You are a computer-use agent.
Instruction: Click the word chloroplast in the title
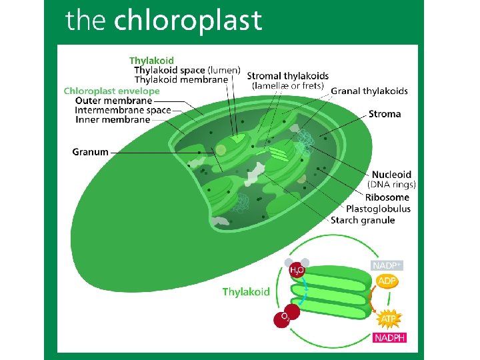[x=188, y=21]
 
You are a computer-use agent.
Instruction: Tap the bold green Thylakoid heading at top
[x=151, y=61]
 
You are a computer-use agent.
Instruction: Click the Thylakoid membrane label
[x=181, y=80]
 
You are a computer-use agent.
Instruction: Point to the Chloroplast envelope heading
[x=112, y=91]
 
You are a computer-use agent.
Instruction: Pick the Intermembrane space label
[x=123, y=110]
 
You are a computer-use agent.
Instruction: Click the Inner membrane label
[x=113, y=120]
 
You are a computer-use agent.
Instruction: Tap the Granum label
[x=90, y=152]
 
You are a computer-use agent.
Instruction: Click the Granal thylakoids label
[x=369, y=91]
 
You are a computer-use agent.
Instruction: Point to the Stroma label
[x=385, y=114]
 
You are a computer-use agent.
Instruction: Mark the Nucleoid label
[x=391, y=175]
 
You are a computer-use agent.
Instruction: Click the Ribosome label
[x=387, y=197]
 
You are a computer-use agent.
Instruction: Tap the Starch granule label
[x=363, y=220]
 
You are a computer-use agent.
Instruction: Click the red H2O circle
[x=297, y=271]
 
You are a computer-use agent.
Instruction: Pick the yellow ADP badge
[x=387, y=281]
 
